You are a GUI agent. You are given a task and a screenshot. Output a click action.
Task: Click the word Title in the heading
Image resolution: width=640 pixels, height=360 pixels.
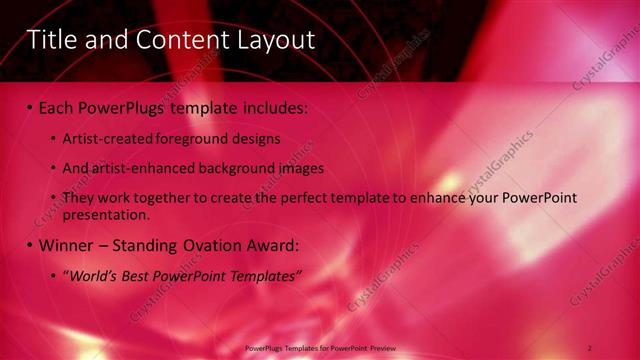(x=52, y=40)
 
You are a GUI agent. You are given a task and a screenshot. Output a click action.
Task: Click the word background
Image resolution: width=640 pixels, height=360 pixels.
(x=237, y=168)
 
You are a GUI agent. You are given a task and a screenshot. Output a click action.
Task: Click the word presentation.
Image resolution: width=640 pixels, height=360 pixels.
(x=105, y=215)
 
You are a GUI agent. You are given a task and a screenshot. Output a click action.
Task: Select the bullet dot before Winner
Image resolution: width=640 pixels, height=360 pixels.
(x=29, y=245)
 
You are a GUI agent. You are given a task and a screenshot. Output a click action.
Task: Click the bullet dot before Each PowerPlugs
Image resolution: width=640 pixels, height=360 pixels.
(x=29, y=105)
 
